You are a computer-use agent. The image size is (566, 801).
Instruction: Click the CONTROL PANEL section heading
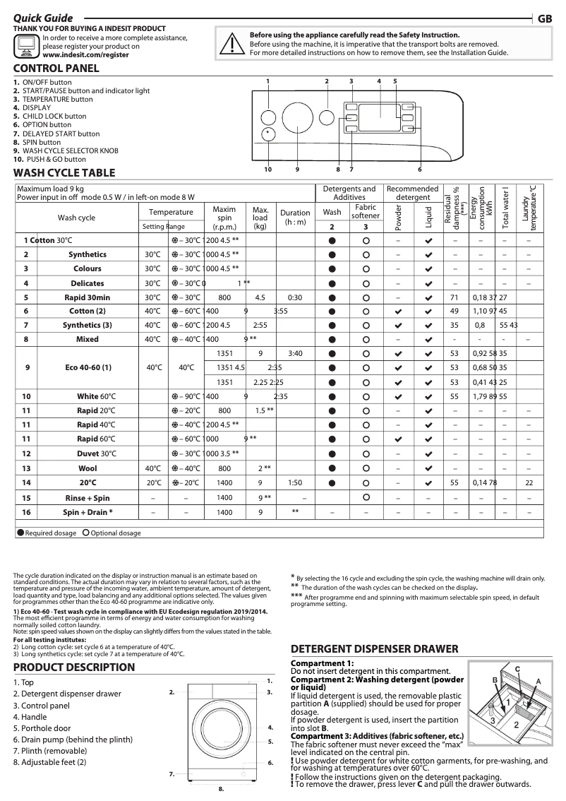click(x=56, y=69)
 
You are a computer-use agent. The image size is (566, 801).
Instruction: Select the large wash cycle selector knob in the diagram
click(x=297, y=117)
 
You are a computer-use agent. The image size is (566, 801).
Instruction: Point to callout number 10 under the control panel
click(x=268, y=170)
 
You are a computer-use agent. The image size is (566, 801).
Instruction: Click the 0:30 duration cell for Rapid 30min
click(x=295, y=297)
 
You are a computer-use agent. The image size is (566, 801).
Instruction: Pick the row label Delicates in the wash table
click(x=88, y=283)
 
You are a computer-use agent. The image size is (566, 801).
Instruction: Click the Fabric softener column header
click(x=365, y=211)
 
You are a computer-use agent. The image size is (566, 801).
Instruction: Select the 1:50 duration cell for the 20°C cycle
click(x=295, y=482)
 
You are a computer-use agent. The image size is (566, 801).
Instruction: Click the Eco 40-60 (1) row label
click(x=88, y=367)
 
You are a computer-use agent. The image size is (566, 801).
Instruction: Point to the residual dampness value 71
click(x=454, y=297)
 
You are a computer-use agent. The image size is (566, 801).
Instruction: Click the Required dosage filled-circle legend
click(x=47, y=533)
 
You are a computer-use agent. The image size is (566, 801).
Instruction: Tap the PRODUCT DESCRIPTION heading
click(x=74, y=667)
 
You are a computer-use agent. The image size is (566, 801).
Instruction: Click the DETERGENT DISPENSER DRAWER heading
click(x=375, y=649)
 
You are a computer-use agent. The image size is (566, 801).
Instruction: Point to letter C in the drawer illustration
click(x=517, y=668)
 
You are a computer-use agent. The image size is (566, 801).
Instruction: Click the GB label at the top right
click(x=544, y=18)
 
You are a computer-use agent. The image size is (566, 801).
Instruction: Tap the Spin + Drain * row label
click(x=88, y=511)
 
